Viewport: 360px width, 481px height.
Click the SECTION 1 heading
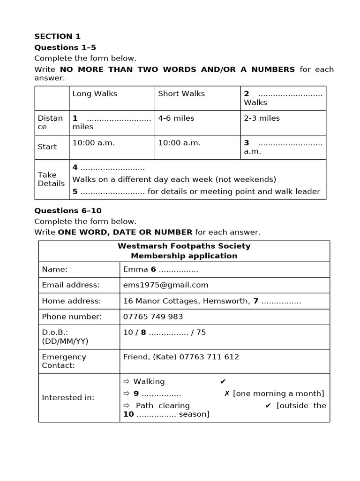(x=57, y=36)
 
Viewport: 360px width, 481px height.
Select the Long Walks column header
(x=95, y=93)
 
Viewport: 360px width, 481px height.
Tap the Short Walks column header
(x=181, y=93)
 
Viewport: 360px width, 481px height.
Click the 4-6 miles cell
(x=176, y=118)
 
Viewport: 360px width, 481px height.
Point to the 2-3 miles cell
(x=262, y=118)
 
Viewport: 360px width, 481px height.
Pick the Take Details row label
(x=51, y=179)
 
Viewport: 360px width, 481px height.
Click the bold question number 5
(x=75, y=191)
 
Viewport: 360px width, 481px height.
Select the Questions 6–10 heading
(x=67, y=210)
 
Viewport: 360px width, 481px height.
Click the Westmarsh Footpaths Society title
(x=184, y=246)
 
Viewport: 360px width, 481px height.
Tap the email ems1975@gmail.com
(x=165, y=285)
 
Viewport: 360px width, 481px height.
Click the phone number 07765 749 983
(x=153, y=317)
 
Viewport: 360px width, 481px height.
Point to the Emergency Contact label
(x=64, y=361)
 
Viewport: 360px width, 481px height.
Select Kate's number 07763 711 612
(x=213, y=357)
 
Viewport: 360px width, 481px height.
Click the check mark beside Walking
(x=223, y=381)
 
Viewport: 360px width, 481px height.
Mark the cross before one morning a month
(x=227, y=394)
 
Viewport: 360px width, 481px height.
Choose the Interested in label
(x=68, y=397)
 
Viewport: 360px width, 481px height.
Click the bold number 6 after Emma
(x=153, y=269)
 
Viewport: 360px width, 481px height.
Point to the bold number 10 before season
(x=128, y=414)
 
